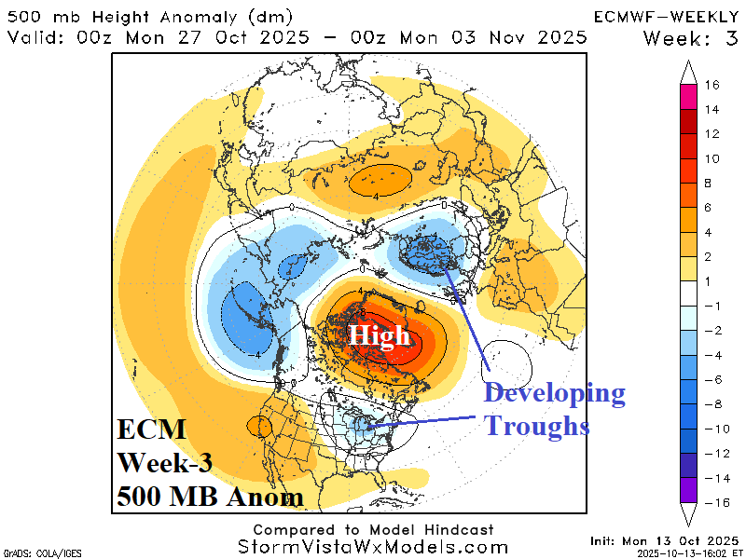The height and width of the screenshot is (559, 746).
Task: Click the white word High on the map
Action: tap(380, 335)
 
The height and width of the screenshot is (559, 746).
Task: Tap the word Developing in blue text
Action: tap(554, 393)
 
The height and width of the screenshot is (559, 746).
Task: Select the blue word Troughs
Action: tap(536, 426)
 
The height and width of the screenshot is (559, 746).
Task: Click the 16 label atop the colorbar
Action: tap(711, 85)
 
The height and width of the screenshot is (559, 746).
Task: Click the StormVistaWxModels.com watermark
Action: tap(373, 547)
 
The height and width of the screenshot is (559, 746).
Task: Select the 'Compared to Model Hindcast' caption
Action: tap(373, 529)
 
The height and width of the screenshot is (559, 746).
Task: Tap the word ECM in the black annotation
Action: tap(151, 431)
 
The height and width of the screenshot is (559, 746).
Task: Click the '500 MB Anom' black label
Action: tap(210, 497)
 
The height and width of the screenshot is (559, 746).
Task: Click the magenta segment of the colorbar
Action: tap(689, 97)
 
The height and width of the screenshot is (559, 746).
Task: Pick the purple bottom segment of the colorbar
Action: tap(689, 490)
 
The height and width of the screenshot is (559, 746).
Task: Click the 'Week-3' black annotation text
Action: tap(169, 464)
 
